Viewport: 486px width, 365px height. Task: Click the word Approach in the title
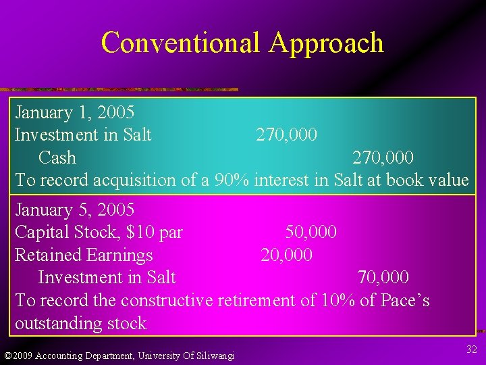[326, 43]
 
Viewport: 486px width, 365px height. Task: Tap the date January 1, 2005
[74, 112]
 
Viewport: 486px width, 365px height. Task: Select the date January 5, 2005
[74, 210]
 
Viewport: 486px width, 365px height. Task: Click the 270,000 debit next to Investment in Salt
[286, 135]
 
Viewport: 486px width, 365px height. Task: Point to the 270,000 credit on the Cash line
[383, 157]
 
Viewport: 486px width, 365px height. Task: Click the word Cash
[57, 157]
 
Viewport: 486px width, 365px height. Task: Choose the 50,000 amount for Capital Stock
[310, 233]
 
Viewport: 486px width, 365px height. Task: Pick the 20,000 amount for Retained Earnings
[286, 255]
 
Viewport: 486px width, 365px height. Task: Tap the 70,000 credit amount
[383, 277]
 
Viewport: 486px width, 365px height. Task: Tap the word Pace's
[404, 300]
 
